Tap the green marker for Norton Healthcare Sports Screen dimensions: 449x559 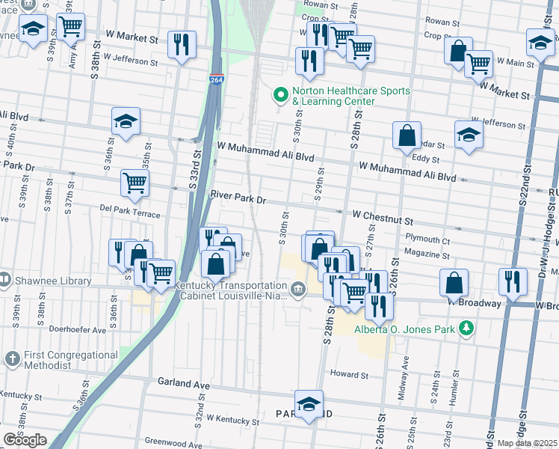281,95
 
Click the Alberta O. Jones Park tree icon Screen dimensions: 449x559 466,328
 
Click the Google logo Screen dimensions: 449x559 25,440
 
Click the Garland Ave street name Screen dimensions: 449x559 183,382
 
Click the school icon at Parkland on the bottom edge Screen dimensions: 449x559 309,405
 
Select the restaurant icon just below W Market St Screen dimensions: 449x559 182,45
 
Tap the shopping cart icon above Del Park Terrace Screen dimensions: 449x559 135,182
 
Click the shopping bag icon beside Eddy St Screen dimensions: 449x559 407,135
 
